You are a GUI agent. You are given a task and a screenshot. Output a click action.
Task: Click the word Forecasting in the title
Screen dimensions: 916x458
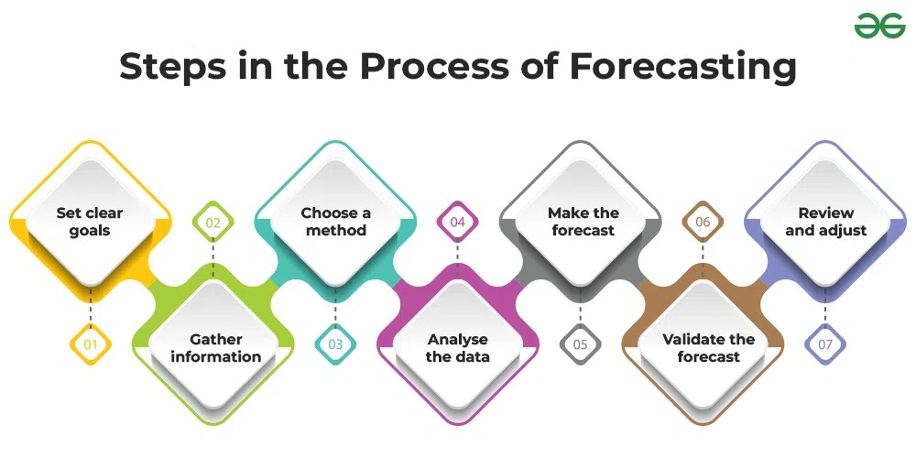(683, 68)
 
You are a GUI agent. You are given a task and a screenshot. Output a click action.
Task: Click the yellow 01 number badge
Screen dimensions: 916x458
(91, 344)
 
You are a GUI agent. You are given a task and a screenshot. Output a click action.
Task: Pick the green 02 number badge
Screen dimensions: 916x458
(213, 222)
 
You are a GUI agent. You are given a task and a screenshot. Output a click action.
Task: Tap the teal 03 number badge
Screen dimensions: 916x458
(335, 344)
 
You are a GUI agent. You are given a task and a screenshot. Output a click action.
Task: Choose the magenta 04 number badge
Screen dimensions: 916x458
(457, 222)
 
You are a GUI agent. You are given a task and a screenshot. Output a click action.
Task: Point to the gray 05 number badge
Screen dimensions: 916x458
(580, 344)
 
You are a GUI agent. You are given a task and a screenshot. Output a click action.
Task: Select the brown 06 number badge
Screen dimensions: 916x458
(703, 222)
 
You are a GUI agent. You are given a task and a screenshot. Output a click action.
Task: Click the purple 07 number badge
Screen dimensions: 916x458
(825, 344)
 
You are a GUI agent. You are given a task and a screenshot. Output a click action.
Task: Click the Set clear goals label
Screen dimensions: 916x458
(90, 222)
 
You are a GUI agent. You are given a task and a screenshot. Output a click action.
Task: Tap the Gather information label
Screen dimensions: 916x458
(216, 347)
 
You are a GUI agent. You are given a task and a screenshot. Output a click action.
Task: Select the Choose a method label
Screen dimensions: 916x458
(335, 222)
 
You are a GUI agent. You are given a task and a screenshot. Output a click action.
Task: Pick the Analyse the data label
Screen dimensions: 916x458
(457, 347)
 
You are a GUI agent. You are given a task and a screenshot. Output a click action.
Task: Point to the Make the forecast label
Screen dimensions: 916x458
(583, 222)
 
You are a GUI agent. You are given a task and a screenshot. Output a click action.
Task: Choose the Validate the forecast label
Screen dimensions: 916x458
(709, 347)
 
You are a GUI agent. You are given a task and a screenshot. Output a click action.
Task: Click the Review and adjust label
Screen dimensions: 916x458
(826, 222)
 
